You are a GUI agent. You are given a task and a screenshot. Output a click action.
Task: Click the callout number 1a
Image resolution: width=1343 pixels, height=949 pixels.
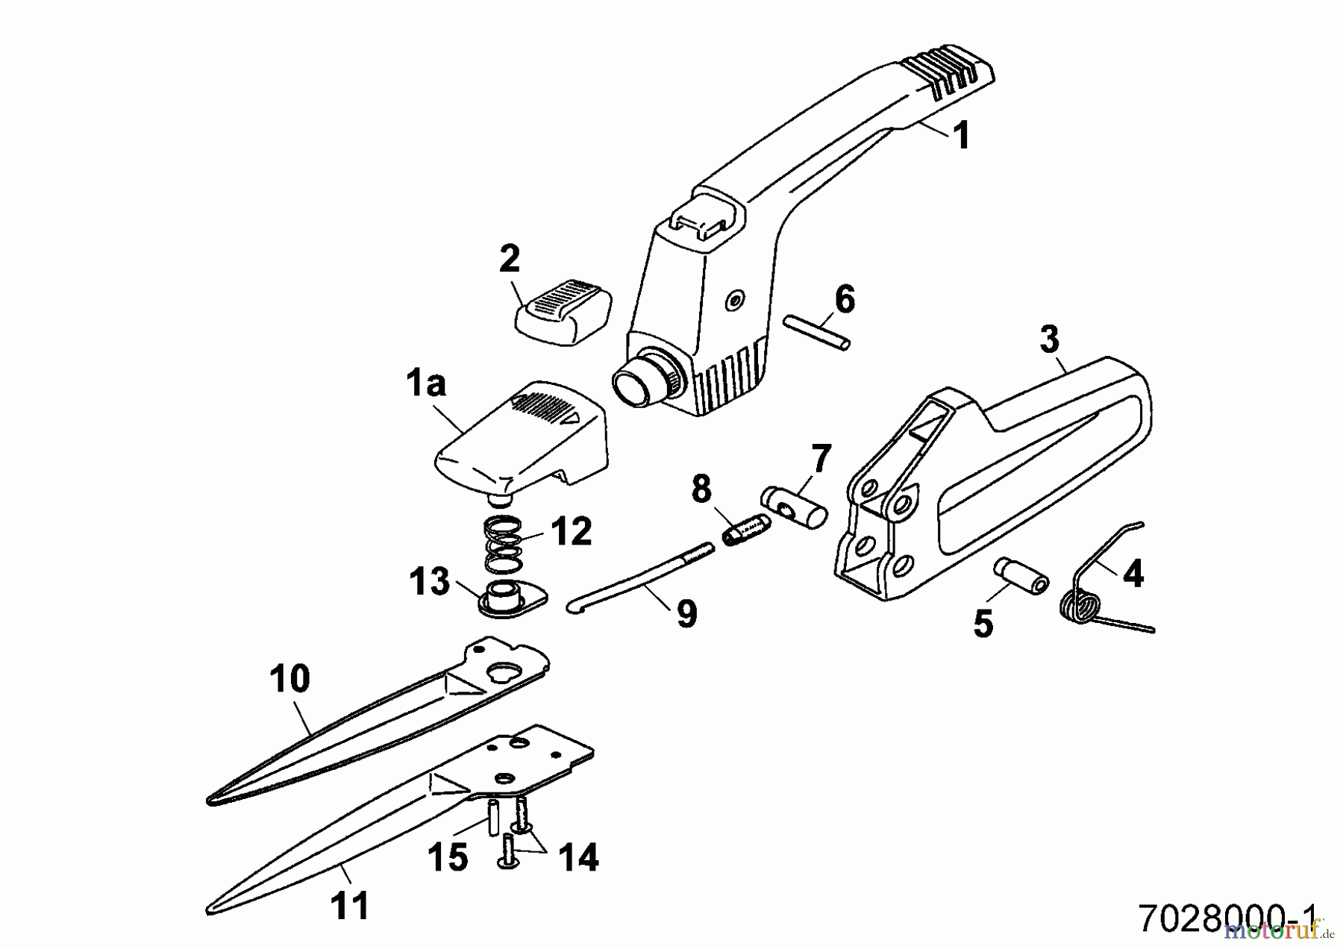pyautogui.click(x=426, y=384)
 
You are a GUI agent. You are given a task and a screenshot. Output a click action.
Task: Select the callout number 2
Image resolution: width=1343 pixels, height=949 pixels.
pyautogui.click(x=510, y=259)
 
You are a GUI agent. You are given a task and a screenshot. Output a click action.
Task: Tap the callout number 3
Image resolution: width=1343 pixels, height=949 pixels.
pyautogui.click(x=1049, y=339)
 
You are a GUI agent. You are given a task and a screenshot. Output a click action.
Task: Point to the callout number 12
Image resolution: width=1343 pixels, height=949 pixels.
pyautogui.click(x=571, y=532)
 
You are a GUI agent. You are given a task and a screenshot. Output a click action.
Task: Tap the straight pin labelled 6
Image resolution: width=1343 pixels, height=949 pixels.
pyautogui.click(x=817, y=333)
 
